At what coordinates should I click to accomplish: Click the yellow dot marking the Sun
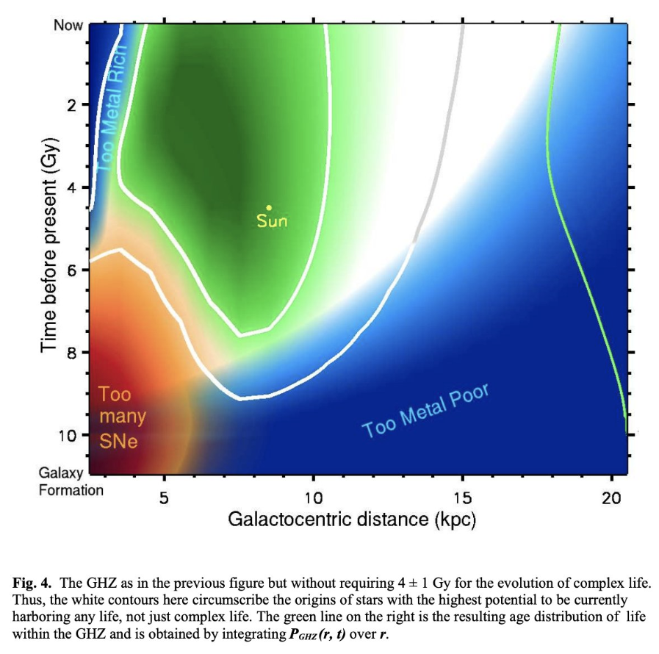pos(270,208)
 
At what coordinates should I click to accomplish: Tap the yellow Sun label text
pos(271,220)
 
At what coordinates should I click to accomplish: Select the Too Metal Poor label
pos(426,408)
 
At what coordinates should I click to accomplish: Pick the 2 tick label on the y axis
pos(72,106)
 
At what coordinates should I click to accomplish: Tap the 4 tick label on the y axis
pos(72,188)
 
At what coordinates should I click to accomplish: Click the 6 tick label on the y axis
pos(72,270)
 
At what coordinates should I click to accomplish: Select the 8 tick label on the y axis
pos(72,353)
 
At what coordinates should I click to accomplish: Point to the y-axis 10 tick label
pos(68,435)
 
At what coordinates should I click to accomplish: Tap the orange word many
pos(122,417)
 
